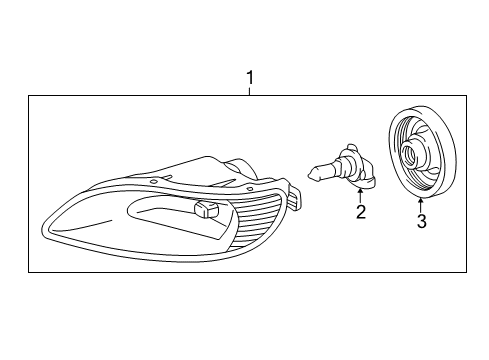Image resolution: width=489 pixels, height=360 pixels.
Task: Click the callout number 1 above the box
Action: (x=250, y=76)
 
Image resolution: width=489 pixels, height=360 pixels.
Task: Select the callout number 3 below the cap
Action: (x=421, y=222)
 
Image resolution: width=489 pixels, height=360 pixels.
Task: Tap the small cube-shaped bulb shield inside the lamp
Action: (x=207, y=209)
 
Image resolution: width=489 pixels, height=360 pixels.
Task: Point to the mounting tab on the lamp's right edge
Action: (x=294, y=198)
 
